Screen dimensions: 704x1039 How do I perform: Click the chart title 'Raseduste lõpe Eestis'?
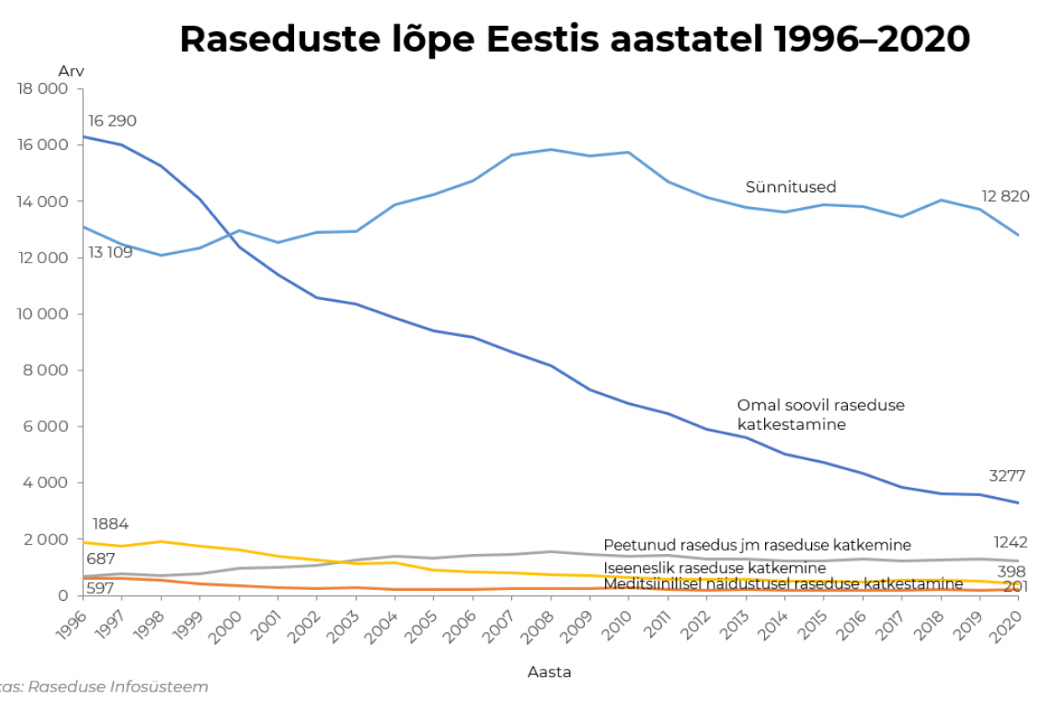point(575,39)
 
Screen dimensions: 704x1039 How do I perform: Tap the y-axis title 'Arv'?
point(71,71)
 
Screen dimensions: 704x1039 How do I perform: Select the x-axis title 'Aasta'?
point(549,671)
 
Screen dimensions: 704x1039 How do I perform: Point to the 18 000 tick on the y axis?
point(42,89)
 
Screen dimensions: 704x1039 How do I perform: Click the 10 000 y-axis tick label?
point(42,314)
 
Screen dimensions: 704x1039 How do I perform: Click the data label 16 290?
point(112,122)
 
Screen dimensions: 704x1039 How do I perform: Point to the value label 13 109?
point(111,252)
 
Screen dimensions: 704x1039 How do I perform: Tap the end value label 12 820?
point(1005,197)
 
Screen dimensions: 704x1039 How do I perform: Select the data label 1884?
point(111,525)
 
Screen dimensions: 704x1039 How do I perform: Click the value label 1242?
point(1011,542)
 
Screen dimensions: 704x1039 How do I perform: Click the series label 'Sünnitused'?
point(791,187)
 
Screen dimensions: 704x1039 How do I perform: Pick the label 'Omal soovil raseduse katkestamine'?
point(820,415)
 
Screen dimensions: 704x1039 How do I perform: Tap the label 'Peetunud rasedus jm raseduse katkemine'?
point(757,546)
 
